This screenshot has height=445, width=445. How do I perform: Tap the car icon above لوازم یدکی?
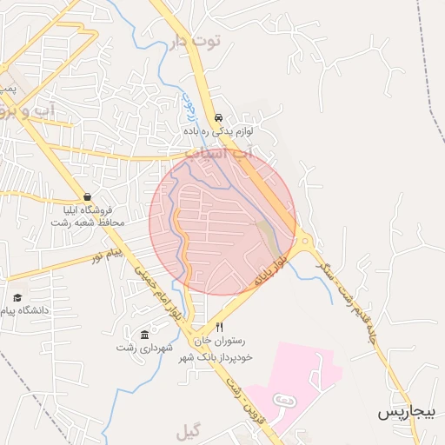(x=217, y=117)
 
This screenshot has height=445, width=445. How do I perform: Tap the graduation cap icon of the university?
(x=17, y=298)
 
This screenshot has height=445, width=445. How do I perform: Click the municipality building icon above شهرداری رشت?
(x=144, y=335)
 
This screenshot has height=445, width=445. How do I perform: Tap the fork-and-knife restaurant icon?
(x=219, y=328)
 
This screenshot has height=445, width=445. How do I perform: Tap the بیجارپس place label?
(x=405, y=411)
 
